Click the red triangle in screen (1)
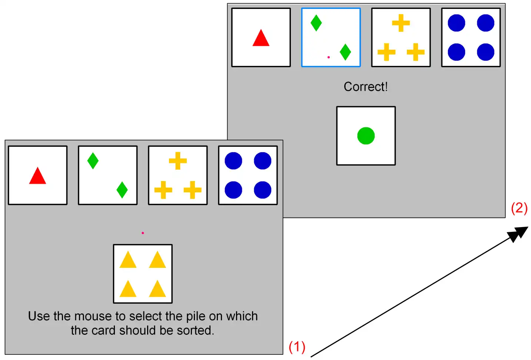(x=37, y=177)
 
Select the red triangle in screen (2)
(x=261, y=39)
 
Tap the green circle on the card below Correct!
(x=366, y=136)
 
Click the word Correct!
(x=365, y=87)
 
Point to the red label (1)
(x=297, y=347)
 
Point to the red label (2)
(x=519, y=208)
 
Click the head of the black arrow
(x=519, y=234)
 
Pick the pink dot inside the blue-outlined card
(x=329, y=57)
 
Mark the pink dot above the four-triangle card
(x=143, y=233)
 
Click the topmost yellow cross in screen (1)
(x=178, y=161)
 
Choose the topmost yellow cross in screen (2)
(x=401, y=23)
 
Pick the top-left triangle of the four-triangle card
(x=128, y=260)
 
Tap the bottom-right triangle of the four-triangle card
(x=157, y=290)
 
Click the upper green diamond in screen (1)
(x=93, y=161)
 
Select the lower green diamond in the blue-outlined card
(x=345, y=52)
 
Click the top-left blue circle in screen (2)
(x=456, y=23)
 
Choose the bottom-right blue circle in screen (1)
(x=262, y=190)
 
